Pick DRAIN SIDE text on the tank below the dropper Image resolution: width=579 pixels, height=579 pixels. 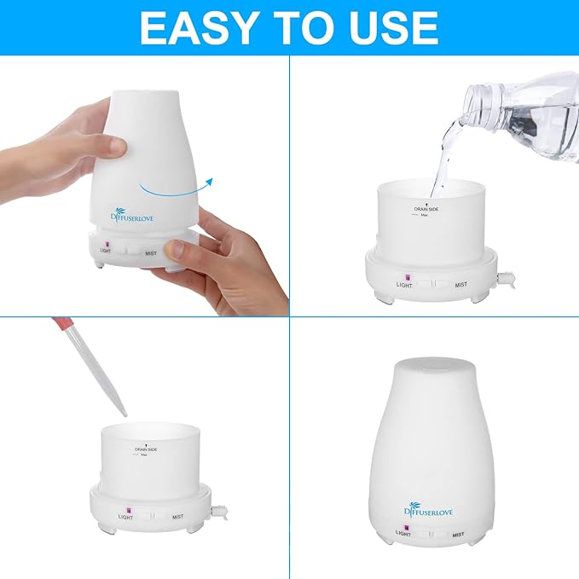[147, 449]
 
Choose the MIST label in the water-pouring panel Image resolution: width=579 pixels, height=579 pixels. [460, 285]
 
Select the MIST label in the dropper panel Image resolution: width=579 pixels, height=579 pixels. [177, 517]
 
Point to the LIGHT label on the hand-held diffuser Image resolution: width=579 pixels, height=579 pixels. [106, 251]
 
